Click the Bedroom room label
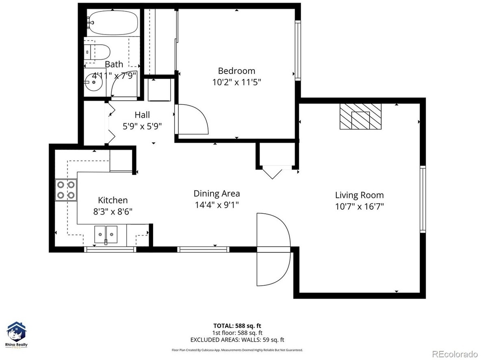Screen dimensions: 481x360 point(236,71)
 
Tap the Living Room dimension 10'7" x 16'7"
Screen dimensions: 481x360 point(360,206)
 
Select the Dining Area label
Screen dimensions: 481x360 point(217,193)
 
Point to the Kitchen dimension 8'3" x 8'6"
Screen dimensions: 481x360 point(113,211)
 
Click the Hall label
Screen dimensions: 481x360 point(142,115)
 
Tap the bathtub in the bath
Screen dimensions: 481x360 point(113,23)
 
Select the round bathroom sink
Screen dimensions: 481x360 point(94,82)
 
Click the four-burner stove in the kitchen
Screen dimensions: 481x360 point(66,190)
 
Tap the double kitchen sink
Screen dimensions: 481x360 point(106,235)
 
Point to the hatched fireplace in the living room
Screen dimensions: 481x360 point(360,116)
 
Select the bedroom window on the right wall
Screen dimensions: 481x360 point(297,51)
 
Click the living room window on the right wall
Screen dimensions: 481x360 point(423,199)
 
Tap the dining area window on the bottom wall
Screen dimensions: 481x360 point(204,249)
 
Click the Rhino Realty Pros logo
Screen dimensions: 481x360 point(17,335)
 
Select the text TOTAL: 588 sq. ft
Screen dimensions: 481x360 point(237,326)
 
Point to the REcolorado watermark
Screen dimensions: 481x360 point(455,354)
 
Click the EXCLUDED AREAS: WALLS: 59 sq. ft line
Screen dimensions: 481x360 point(237,340)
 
